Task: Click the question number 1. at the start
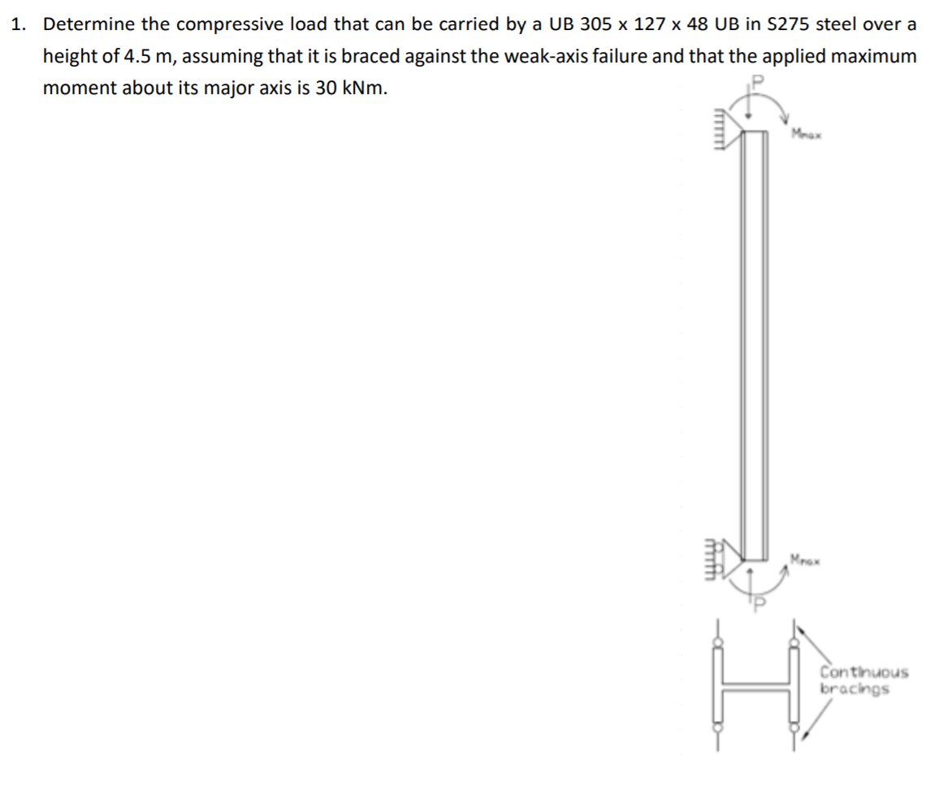(18, 24)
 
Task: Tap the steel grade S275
(785, 24)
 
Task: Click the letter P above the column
(759, 82)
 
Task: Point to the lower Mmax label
(803, 559)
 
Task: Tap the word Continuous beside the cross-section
(863, 672)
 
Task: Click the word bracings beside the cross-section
(854, 689)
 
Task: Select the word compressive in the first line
(221, 24)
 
